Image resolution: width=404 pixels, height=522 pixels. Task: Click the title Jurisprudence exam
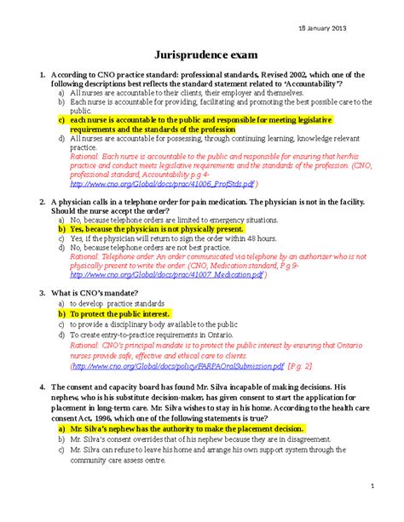click(202, 53)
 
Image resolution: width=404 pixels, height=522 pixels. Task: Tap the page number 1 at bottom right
click(372, 486)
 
